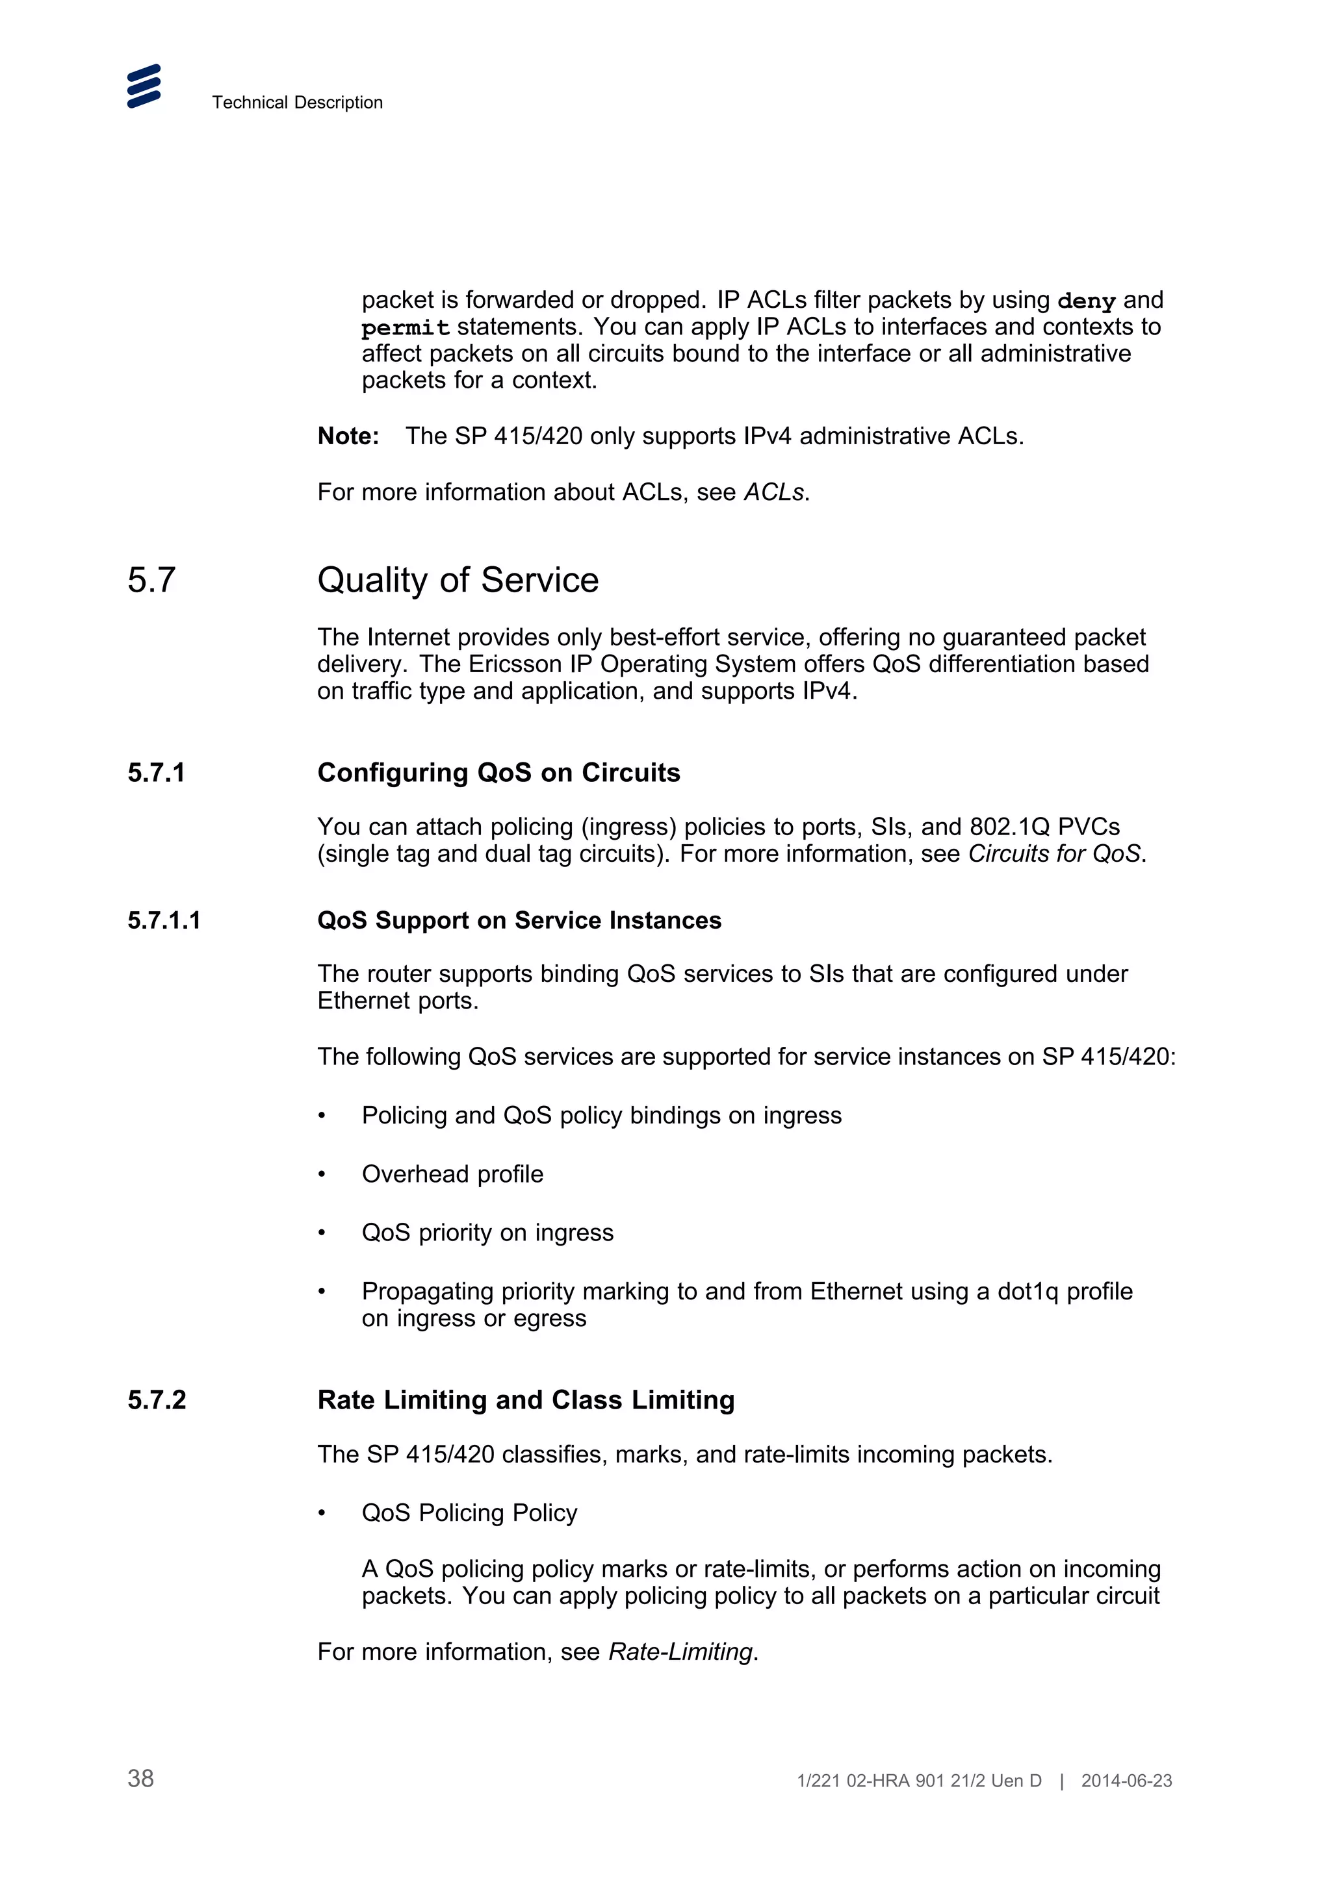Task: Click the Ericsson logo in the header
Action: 144,86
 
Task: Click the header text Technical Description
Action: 297,103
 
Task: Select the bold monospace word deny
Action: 1086,301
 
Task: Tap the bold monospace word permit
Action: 405,328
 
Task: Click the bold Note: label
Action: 348,436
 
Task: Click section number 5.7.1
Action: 156,772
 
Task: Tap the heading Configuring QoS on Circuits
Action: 498,772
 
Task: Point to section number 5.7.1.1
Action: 163,920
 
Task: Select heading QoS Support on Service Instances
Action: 519,920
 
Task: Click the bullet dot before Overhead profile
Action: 322,1175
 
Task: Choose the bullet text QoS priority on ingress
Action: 487,1233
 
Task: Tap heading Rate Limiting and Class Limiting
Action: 526,1400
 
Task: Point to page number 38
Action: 140,1779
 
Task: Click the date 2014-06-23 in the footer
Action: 1126,1781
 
